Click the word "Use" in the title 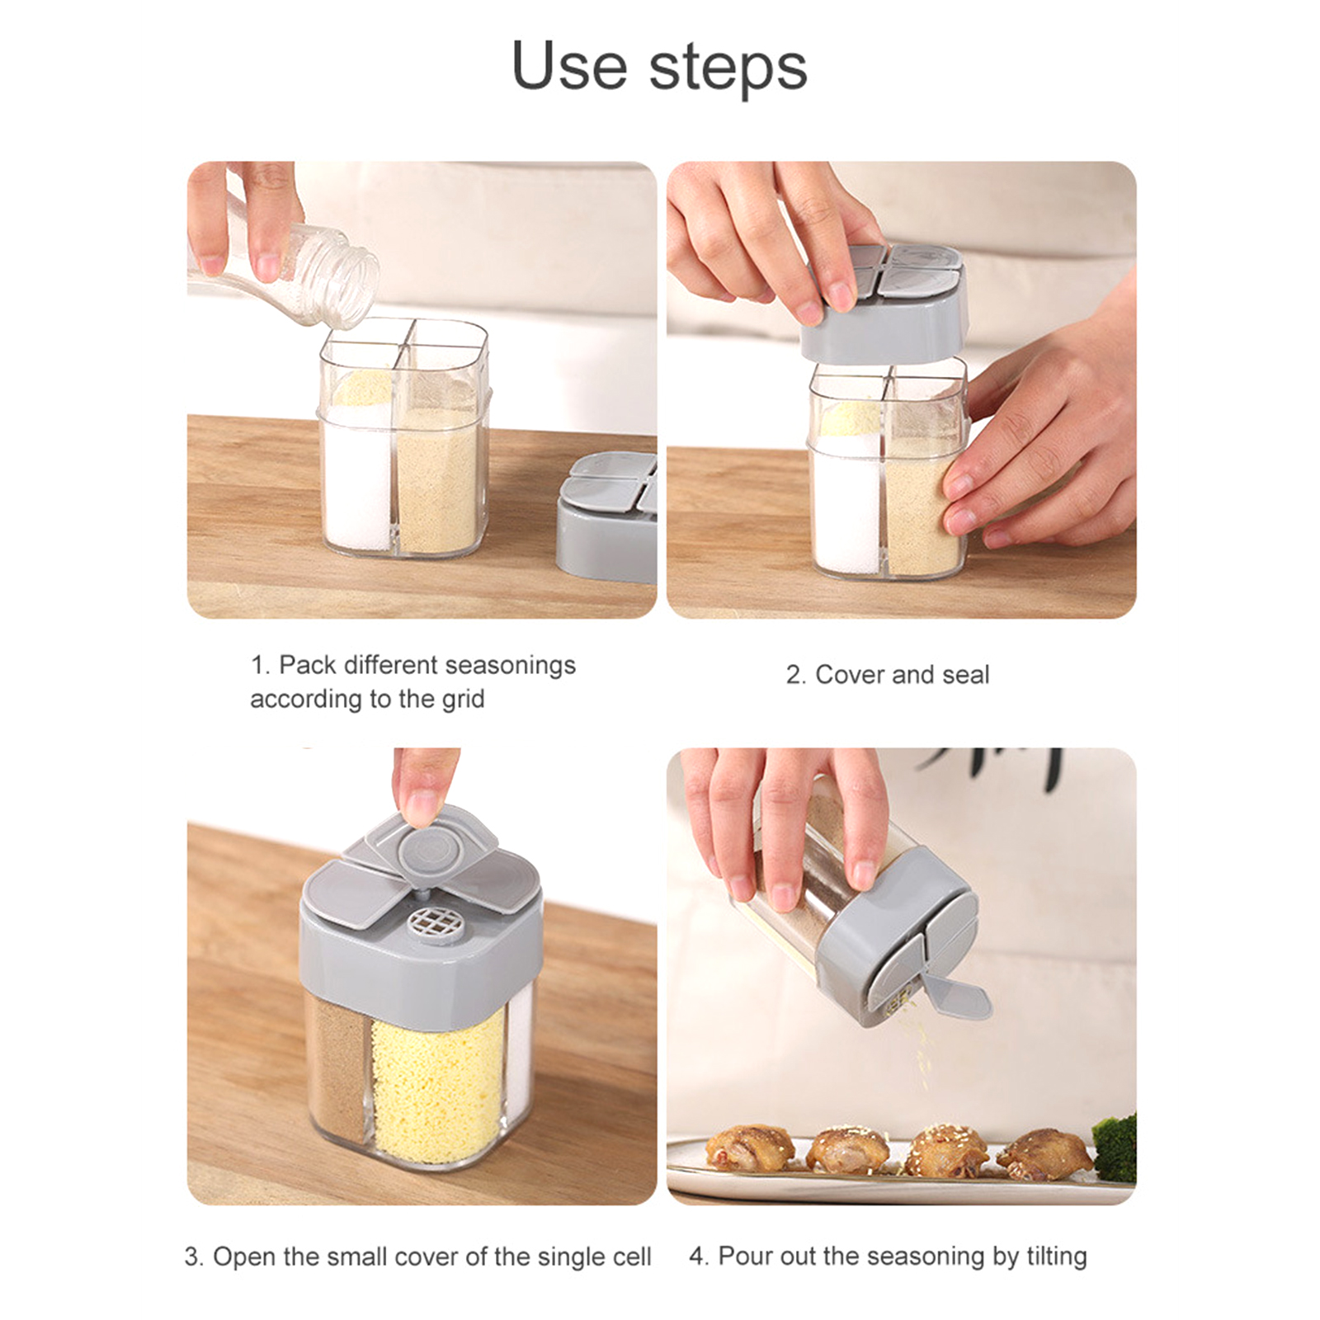tap(570, 65)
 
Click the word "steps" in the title tap(728, 68)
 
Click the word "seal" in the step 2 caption tap(965, 675)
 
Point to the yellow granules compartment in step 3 tap(437, 1081)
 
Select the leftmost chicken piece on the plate tap(750, 1146)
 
